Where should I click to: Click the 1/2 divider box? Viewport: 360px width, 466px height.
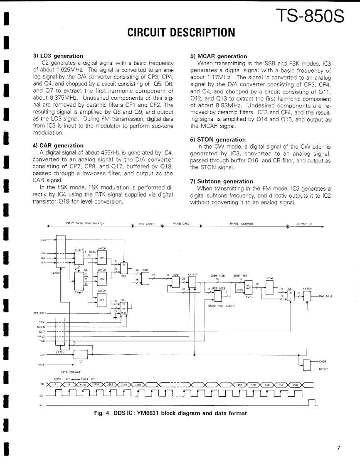pyautogui.click(x=81, y=354)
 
